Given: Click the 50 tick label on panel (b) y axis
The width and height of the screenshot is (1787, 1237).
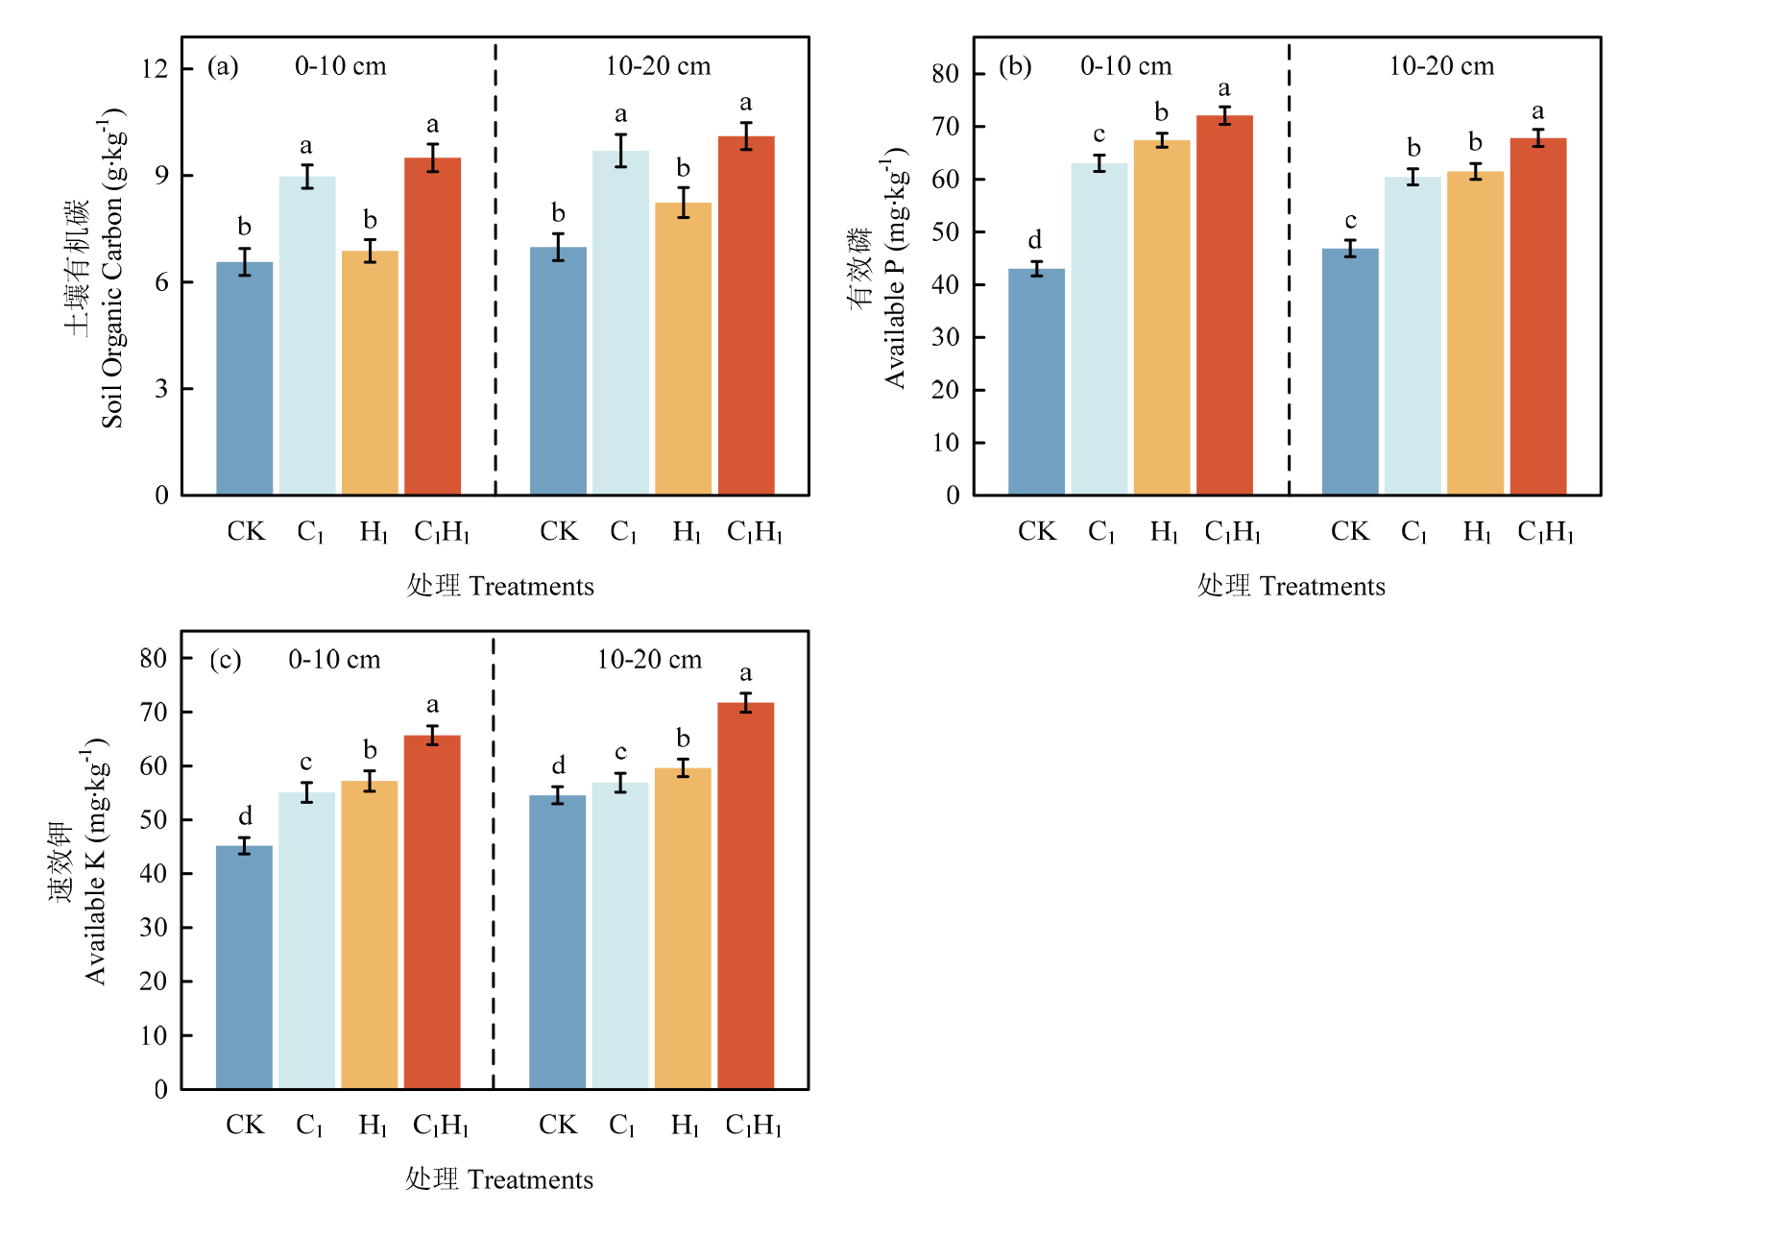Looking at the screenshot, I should tap(945, 231).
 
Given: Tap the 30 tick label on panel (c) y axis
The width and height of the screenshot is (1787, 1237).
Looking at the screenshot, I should tap(154, 928).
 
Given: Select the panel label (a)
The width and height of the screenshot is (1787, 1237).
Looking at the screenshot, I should tap(223, 66).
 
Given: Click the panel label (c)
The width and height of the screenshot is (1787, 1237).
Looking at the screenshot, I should tap(225, 660).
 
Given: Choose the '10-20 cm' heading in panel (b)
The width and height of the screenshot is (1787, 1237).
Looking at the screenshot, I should tap(1441, 66).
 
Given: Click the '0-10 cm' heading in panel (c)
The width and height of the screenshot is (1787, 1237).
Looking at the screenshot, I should tap(334, 660).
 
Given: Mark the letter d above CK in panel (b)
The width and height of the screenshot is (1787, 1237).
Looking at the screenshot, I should tap(1035, 239).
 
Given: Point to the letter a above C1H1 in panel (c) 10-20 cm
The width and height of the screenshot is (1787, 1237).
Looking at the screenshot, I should tap(746, 673).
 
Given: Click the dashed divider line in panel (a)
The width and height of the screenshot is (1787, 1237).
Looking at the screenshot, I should tap(495, 288).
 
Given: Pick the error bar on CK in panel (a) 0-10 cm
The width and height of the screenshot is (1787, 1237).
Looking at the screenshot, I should tap(245, 261).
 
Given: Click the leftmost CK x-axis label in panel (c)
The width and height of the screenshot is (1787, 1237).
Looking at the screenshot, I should tap(245, 1125).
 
